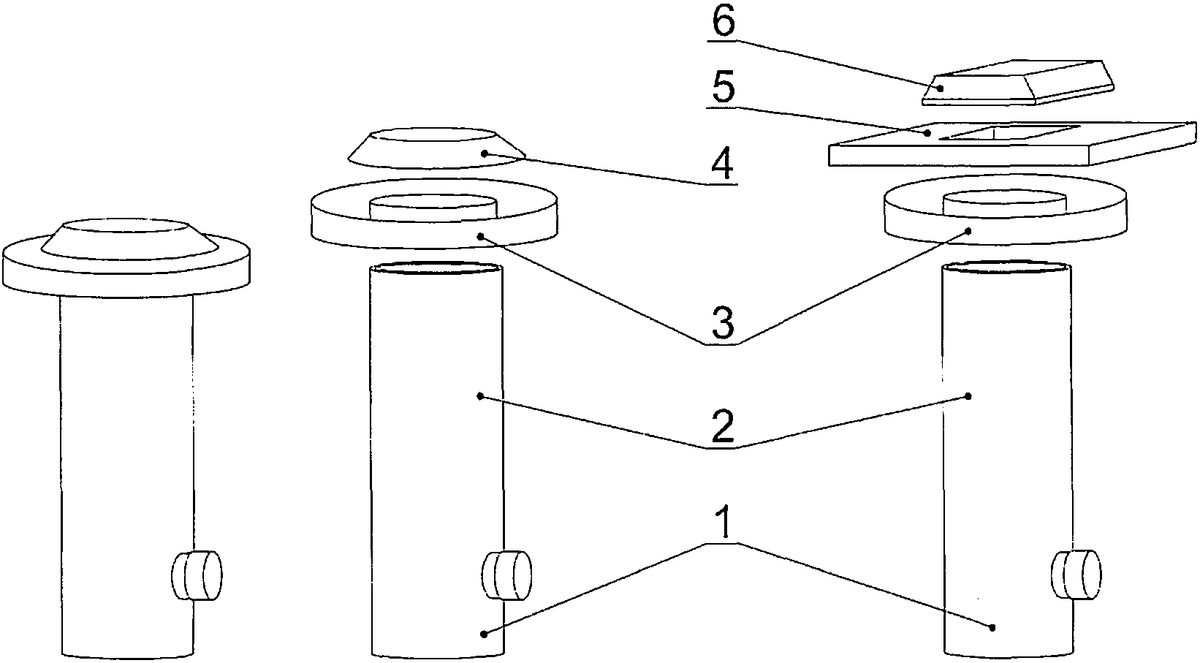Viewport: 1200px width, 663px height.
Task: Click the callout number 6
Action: [723, 23]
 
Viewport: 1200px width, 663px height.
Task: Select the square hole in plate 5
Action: [1008, 132]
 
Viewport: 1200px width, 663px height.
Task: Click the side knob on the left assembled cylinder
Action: [197, 576]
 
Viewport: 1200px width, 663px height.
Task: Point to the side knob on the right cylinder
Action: [1076, 575]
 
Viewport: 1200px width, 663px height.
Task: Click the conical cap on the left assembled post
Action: [127, 236]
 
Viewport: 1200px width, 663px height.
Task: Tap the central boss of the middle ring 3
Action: [434, 207]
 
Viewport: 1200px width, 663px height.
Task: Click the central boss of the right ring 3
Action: [1004, 203]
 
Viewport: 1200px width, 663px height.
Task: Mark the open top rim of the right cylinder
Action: [1008, 268]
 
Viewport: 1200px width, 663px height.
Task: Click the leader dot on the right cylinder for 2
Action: [968, 396]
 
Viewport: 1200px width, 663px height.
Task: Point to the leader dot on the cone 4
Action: [484, 154]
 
